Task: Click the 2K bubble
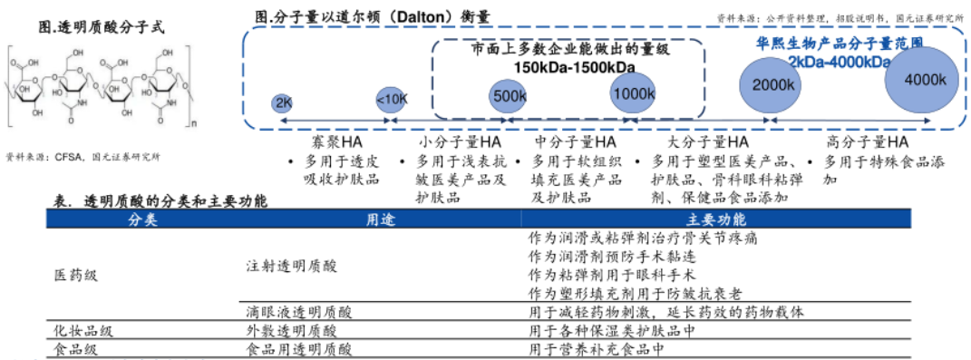[282, 102]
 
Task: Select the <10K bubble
[392, 100]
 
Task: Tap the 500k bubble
[510, 95]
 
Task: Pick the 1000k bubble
[633, 92]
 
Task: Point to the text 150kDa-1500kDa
[574, 66]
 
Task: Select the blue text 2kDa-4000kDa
[839, 61]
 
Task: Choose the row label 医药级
[74, 271]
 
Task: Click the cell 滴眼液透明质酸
[298, 312]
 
